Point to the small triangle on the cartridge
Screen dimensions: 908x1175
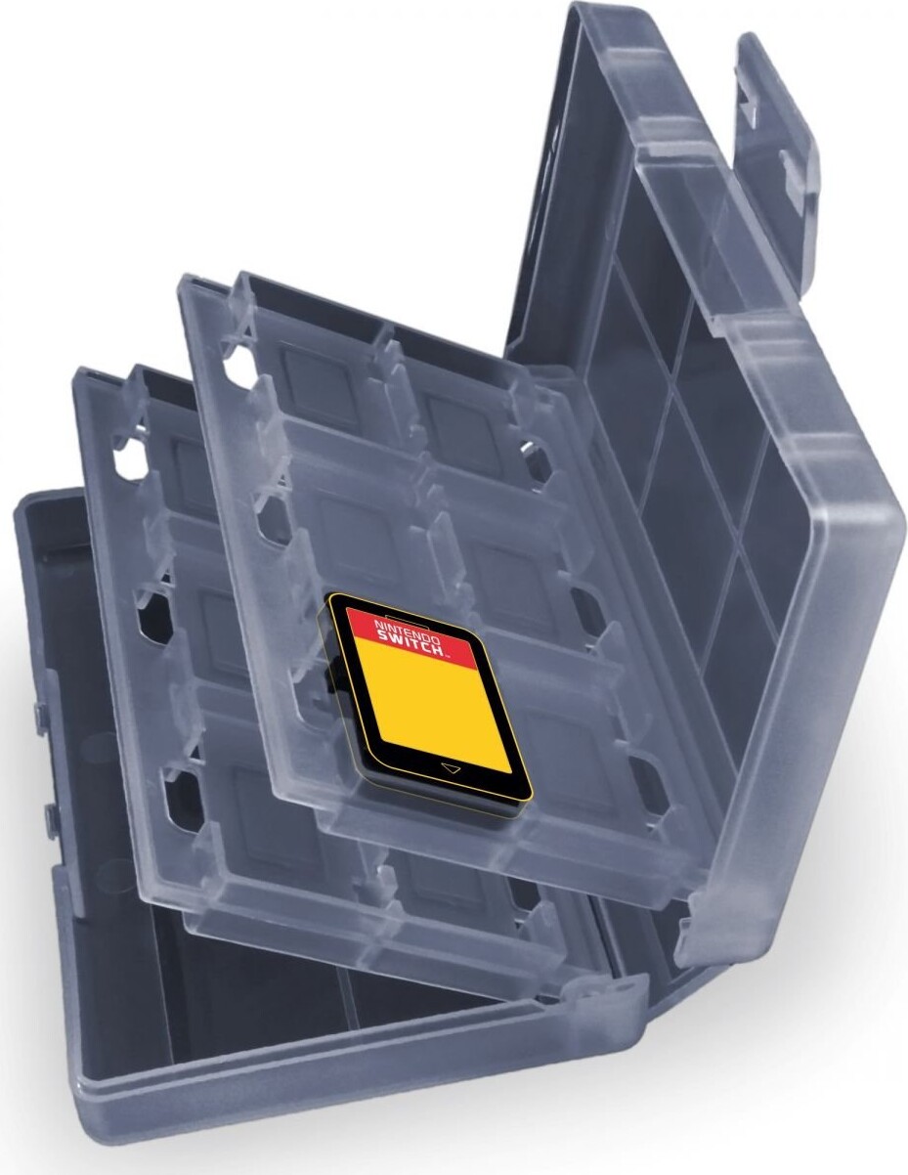(450, 767)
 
